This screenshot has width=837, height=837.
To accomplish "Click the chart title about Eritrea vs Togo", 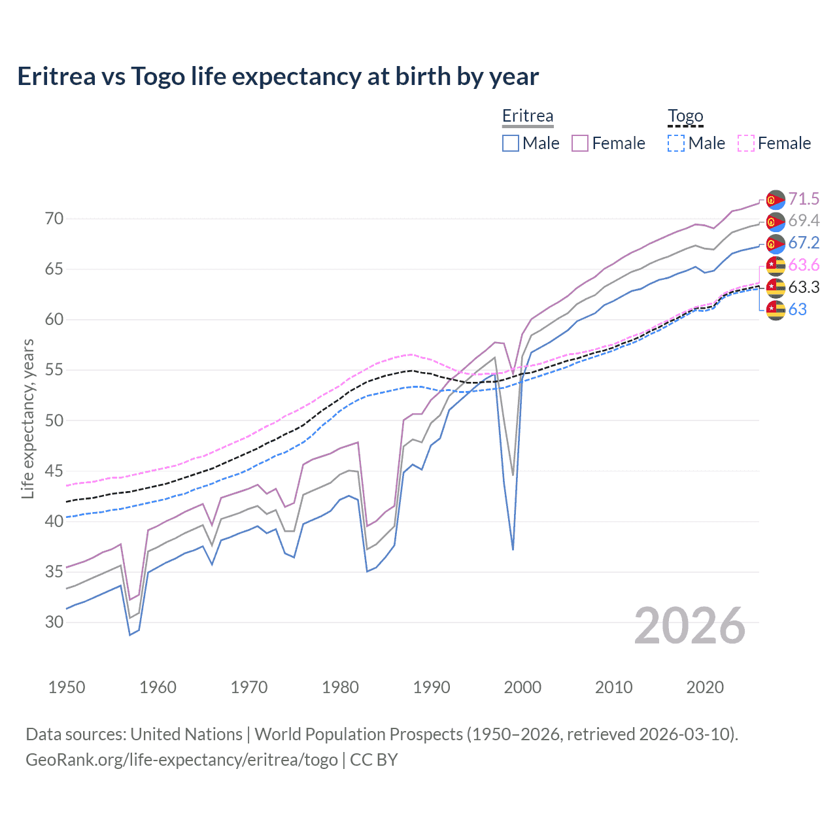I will [x=278, y=77].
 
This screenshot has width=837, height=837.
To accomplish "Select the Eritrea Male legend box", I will [x=511, y=143].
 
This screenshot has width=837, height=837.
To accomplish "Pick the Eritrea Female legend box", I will [x=580, y=143].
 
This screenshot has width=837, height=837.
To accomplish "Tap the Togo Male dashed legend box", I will [x=676, y=143].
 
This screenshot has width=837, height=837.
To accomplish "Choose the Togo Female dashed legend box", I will [x=746, y=143].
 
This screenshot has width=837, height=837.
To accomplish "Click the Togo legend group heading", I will [x=685, y=116].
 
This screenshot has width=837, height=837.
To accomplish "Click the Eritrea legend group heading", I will [x=528, y=116].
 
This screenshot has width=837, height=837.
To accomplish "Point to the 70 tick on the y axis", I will [x=54, y=219].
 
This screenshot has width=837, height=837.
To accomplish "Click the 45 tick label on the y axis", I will [x=54, y=471].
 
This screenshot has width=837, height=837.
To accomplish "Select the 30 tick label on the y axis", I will [x=54, y=622].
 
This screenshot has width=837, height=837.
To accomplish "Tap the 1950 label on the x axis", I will [x=67, y=687].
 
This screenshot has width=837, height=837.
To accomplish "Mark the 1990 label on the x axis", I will [x=432, y=687].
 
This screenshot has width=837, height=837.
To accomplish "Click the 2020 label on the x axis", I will [x=705, y=687].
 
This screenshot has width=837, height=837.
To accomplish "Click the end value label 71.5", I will [x=804, y=199].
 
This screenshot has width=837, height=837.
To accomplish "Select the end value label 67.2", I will [x=804, y=243].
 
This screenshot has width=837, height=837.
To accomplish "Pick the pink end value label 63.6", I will [x=804, y=265].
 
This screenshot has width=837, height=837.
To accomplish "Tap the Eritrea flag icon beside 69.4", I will [x=776, y=222].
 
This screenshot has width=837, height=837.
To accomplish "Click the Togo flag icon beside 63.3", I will [x=776, y=288].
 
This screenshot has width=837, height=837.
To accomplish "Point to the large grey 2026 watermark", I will [x=690, y=626].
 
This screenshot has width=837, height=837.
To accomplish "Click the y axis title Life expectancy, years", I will [x=28, y=418].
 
